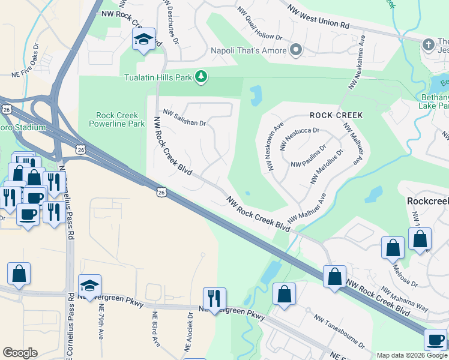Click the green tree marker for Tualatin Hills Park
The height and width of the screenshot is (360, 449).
(x=202, y=77)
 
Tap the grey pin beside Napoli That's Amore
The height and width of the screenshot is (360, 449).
(x=295, y=50)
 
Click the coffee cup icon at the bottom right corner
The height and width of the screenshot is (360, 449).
(x=435, y=340)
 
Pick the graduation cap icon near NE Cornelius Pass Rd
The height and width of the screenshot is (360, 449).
(x=89, y=285)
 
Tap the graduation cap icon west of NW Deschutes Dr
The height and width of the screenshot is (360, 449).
(x=143, y=40)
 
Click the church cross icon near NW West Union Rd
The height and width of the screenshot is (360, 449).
(x=428, y=45)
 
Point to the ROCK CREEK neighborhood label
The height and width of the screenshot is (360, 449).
(x=336, y=115)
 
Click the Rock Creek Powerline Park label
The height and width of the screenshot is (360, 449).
(x=121, y=119)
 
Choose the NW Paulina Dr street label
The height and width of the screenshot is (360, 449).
(x=308, y=156)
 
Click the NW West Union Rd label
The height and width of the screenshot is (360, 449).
(x=318, y=17)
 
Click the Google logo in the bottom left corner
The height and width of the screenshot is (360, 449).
(x=20, y=353)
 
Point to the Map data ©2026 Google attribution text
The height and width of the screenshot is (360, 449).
(x=411, y=355)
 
